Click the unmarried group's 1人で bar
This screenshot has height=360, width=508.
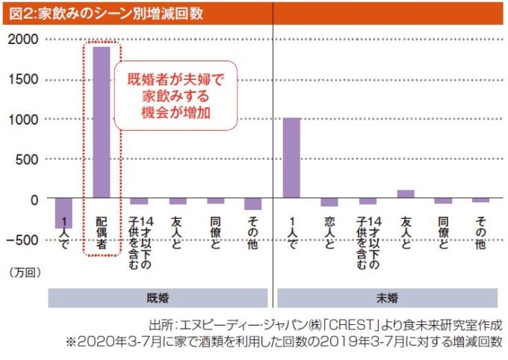(291, 158)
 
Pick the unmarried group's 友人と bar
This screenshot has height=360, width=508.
(406, 195)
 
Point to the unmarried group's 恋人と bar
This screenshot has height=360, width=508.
(329, 202)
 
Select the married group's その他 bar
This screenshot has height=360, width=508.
(253, 205)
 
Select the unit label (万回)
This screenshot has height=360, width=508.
(25, 273)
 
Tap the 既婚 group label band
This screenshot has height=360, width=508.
(158, 297)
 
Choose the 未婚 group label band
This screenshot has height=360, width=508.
(387, 297)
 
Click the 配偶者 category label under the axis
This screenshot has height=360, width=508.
(102, 233)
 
